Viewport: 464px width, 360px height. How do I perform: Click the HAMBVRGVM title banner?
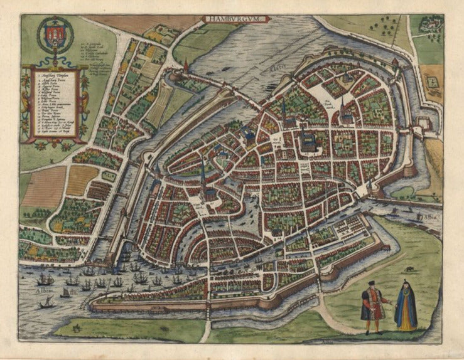237,19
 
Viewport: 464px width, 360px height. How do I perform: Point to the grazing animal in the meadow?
409,269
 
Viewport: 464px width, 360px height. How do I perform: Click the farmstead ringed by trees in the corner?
431,25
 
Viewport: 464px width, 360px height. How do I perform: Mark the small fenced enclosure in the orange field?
431,80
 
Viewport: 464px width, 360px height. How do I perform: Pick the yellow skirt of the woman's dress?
406,320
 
